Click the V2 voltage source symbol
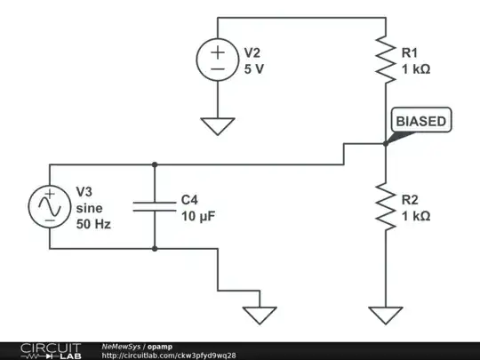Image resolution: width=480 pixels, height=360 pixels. pos(217,60)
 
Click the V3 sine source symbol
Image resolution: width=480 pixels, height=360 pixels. pos(48,206)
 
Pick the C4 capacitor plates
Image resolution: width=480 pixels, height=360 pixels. pos(156,206)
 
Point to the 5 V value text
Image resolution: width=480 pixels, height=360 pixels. pos(254,68)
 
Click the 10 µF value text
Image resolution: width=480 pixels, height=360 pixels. pos(199,215)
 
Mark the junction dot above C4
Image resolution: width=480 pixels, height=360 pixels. pos(156,164)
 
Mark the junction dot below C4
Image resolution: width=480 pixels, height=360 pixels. pos(156,248)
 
